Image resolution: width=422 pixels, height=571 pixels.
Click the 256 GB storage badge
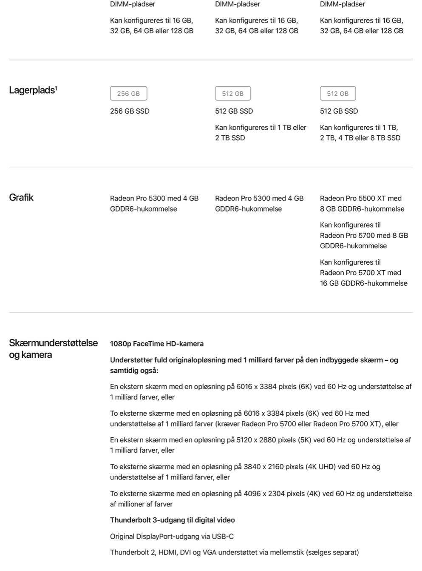pyautogui.click(x=128, y=94)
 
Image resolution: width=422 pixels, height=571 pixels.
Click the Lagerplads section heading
pyautogui.click(x=32, y=90)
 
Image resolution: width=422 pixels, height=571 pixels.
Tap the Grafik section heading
pyautogui.click(x=21, y=197)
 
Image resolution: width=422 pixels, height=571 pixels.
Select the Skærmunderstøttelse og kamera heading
pyautogui.click(x=53, y=349)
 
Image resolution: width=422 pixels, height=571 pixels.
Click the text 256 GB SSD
pyautogui.click(x=130, y=111)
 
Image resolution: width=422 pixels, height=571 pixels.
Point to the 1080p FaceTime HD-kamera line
pyautogui.click(x=157, y=344)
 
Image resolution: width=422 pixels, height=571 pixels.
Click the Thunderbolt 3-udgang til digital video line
pyautogui.click(x=172, y=520)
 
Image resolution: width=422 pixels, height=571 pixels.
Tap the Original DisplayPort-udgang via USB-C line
pyautogui.click(x=172, y=537)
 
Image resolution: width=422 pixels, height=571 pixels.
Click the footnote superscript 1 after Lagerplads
pyautogui.click(x=56, y=88)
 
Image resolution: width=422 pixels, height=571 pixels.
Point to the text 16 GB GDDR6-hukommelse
pyautogui.click(x=363, y=283)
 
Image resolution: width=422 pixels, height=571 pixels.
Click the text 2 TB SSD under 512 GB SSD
pyautogui.click(x=230, y=138)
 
